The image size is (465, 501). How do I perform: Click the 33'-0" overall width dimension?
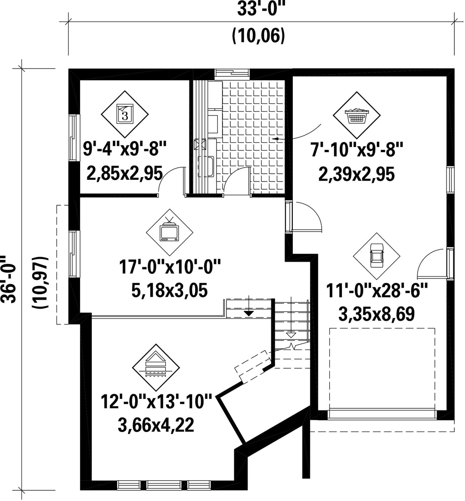pos(261,9)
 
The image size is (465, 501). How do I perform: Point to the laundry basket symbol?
pos(357,116)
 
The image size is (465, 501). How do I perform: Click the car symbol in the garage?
pos(377,256)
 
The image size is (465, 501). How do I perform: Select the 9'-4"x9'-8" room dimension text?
pos(125,149)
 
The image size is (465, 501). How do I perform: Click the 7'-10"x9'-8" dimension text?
pos(357,150)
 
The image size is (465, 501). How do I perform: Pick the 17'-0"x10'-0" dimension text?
pos(170,267)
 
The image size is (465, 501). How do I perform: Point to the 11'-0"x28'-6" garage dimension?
pos(377,291)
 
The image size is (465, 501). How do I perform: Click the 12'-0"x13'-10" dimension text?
pos(156,401)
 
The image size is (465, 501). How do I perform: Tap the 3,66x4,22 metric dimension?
pos(156,425)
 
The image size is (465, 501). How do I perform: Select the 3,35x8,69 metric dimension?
pos(377,314)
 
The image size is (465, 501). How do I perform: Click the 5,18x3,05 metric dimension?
pos(170,291)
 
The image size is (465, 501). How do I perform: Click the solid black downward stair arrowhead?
pos(248,313)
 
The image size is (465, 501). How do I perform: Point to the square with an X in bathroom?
pos(201,144)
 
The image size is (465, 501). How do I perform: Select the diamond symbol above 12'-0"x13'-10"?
pos(156,368)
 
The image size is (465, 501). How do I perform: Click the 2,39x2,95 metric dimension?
pos(356,175)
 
